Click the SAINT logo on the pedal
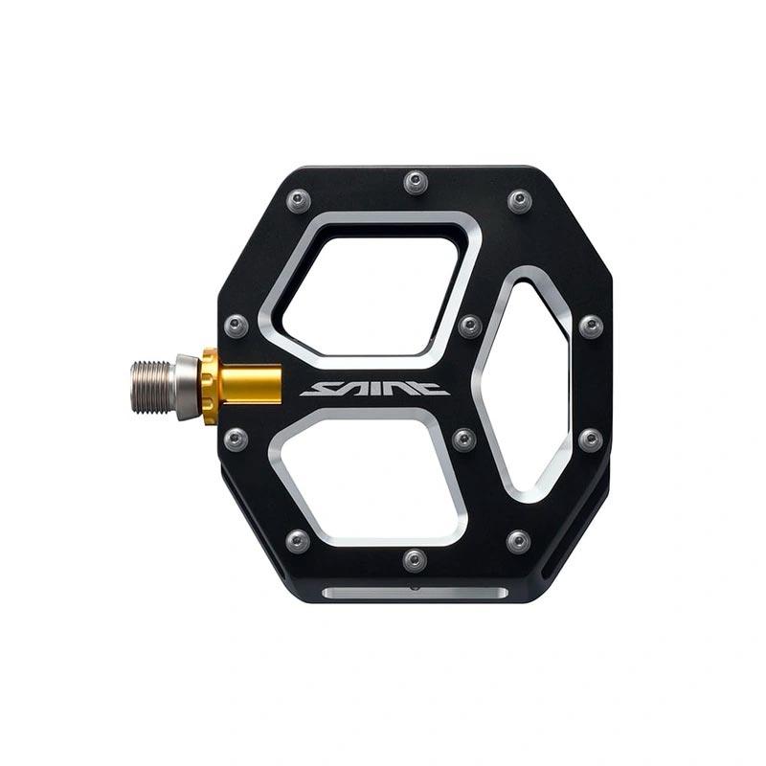coord(374,389)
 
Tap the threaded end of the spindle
coord(151,388)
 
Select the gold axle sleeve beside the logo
coord(250,385)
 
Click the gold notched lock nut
coord(210,386)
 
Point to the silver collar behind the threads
coord(188,387)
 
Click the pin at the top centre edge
coord(416,182)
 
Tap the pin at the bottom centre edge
coord(415,560)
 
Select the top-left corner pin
coord(298,201)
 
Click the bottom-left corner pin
coord(298,541)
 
